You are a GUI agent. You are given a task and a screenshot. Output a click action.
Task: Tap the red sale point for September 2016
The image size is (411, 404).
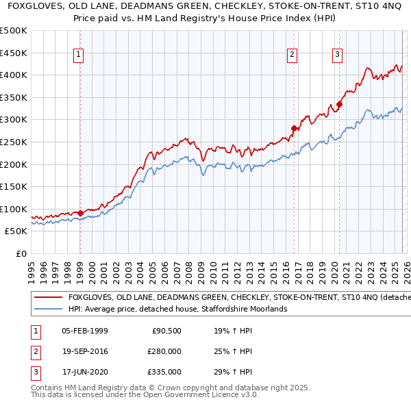click(x=294, y=128)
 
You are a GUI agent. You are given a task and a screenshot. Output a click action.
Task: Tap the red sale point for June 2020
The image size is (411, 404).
click(x=339, y=104)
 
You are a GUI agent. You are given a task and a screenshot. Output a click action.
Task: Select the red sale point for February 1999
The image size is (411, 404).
click(x=80, y=213)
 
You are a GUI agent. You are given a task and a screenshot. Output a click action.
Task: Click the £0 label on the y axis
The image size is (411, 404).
click(x=21, y=253)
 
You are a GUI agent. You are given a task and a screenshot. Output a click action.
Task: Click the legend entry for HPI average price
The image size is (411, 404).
click(x=177, y=310)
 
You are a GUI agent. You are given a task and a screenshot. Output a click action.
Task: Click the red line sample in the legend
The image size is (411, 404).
click(x=48, y=298)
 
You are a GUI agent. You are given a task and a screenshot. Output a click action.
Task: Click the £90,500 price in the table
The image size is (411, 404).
click(x=166, y=331)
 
